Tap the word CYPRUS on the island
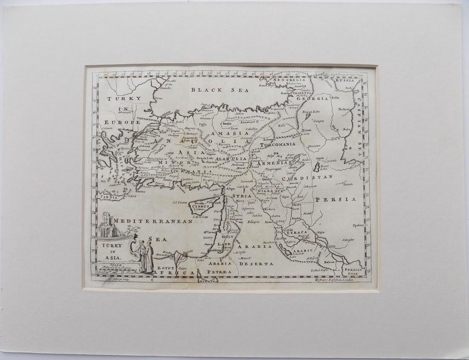coord(201,206)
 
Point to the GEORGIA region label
coord(316,99)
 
